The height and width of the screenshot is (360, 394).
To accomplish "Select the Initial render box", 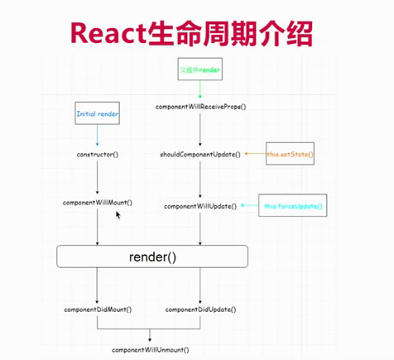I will pyautogui.click(x=98, y=113).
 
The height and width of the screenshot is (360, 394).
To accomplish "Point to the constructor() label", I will pyautogui.click(x=98, y=154).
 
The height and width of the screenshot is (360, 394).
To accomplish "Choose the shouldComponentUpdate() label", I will pyautogui.click(x=200, y=154).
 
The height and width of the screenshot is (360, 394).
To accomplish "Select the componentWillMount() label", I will pyautogui.click(x=98, y=202).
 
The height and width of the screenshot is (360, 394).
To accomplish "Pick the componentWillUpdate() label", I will pyautogui.click(x=200, y=205).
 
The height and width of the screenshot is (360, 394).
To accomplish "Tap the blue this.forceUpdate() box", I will pyautogui.click(x=293, y=205).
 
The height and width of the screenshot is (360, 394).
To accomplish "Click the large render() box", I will pyautogui.click(x=152, y=257).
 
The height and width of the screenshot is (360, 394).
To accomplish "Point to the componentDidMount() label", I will pyautogui.click(x=98, y=309).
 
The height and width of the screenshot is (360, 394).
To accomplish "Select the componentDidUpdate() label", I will pyautogui.click(x=199, y=309).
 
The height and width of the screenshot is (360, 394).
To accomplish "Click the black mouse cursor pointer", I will pyautogui.click(x=118, y=215).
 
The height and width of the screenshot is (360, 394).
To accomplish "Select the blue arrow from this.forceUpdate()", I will pyautogui.click(x=251, y=205).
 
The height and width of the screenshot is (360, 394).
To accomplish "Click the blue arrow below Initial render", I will pyautogui.click(x=98, y=134).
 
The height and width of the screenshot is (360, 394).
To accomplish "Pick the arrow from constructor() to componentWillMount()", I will pyautogui.click(x=98, y=178).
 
